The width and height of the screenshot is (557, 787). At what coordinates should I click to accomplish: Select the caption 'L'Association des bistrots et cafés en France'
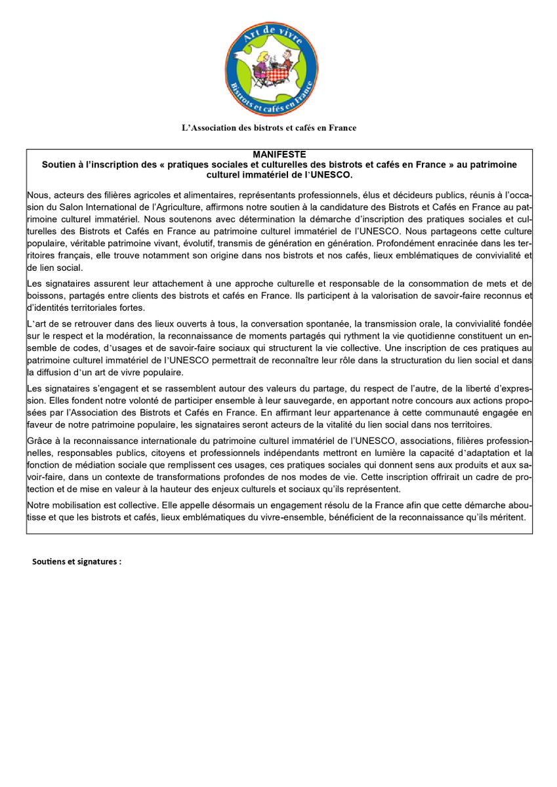click(269, 128)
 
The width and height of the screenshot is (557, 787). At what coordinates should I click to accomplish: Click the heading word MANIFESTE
click(279, 155)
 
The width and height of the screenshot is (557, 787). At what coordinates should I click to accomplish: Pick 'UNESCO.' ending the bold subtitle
click(332, 176)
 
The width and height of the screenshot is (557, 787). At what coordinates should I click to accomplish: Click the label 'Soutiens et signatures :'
click(77, 562)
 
